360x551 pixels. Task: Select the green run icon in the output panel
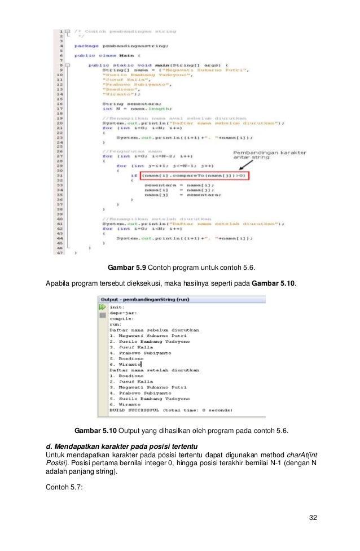(103, 307)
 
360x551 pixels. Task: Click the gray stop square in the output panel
(103, 316)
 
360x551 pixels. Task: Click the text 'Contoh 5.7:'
(64, 482)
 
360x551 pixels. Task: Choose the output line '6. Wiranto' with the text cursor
(125, 364)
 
